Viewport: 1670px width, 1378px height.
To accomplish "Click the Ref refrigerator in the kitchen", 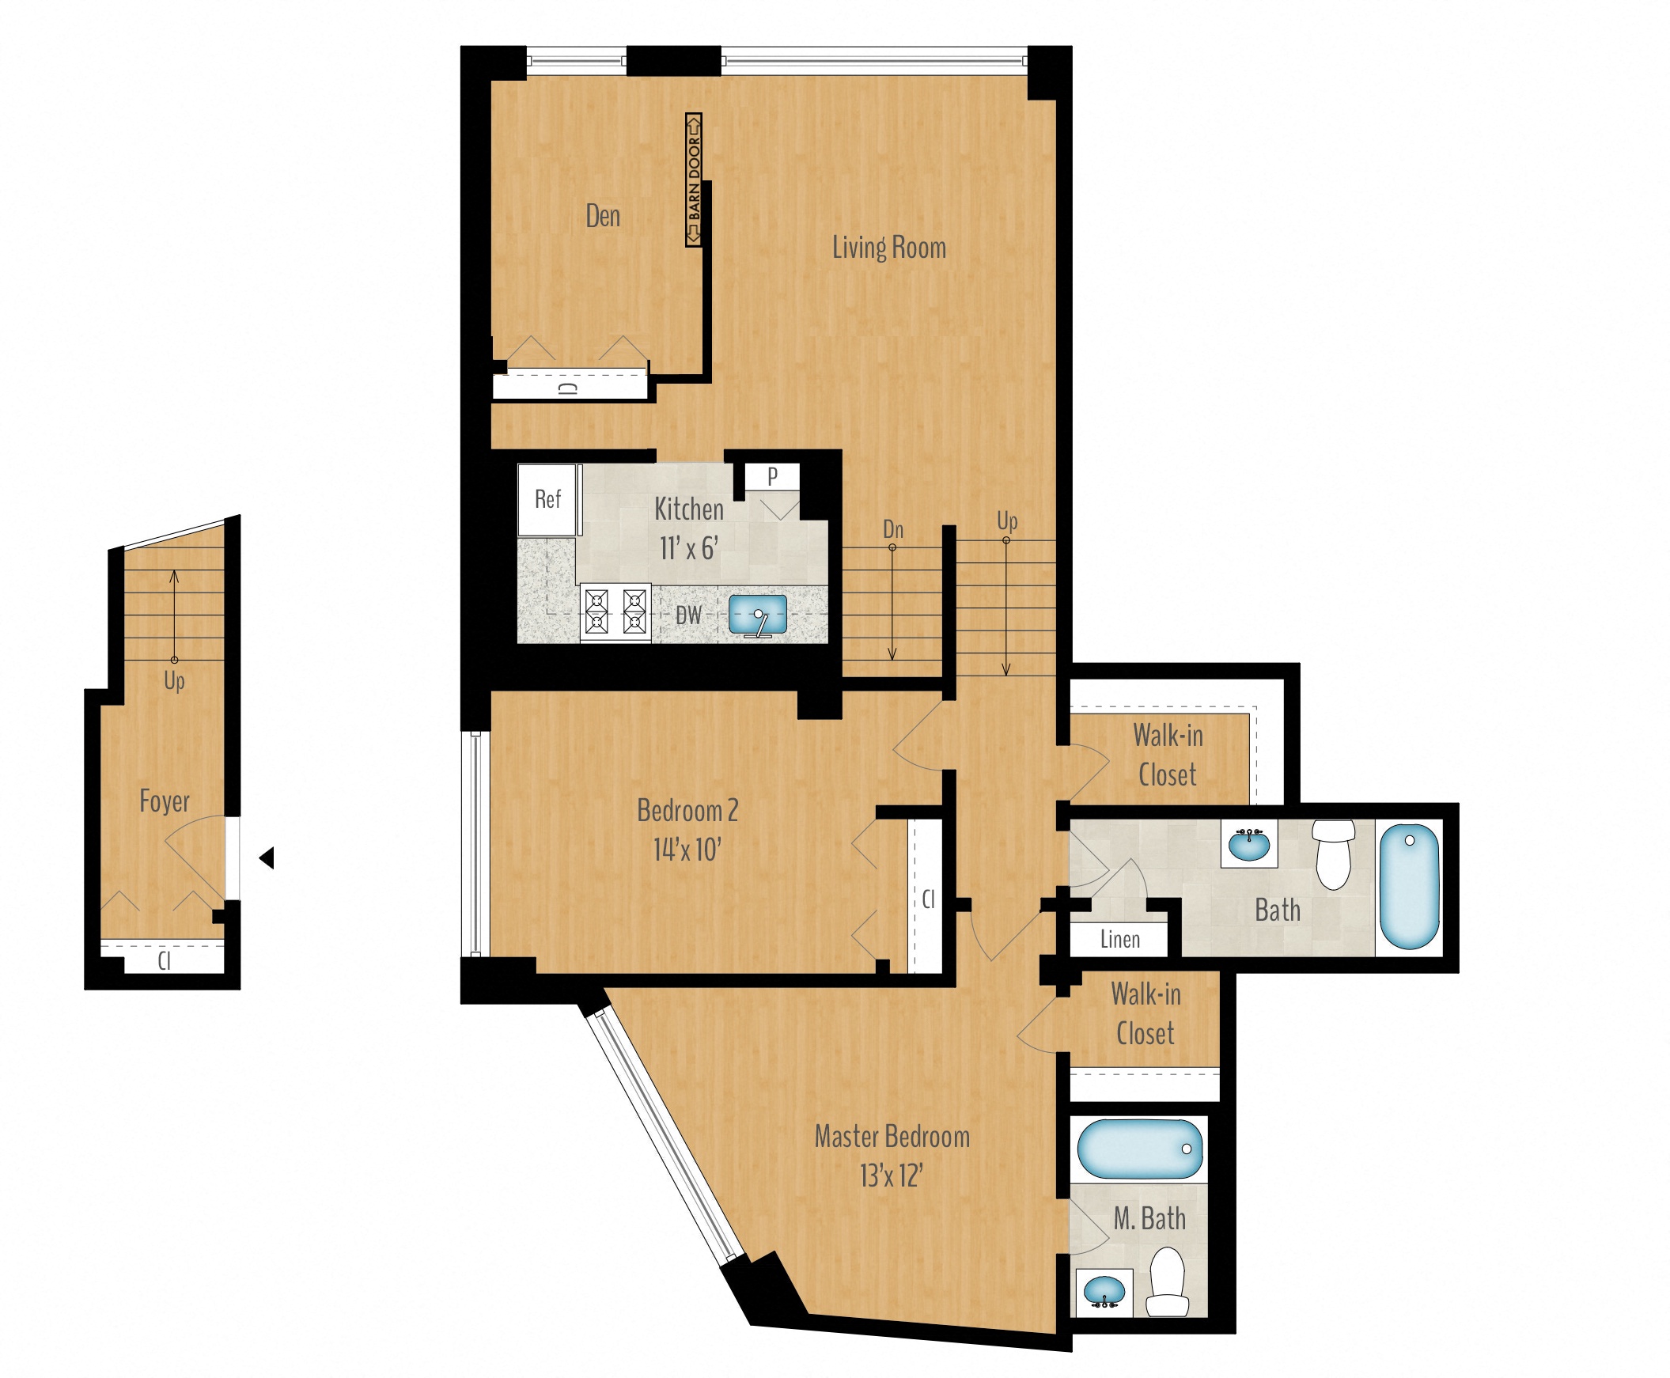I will (547, 499).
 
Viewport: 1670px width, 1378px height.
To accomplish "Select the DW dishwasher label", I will (688, 615).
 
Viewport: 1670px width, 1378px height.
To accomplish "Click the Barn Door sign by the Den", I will (694, 180).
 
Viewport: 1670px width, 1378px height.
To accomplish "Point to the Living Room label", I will (888, 248).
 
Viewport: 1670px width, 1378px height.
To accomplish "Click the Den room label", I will (603, 216).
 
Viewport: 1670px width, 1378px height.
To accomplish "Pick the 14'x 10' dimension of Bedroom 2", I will (687, 850).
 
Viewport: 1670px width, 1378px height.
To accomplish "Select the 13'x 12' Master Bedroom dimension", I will (891, 1175).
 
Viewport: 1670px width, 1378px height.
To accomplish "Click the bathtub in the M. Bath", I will (1140, 1149).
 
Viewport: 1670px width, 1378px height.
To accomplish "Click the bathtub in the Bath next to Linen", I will (1409, 886).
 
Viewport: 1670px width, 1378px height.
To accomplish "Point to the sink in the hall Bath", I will (1248, 845).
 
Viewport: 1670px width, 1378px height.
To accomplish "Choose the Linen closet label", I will (1119, 940).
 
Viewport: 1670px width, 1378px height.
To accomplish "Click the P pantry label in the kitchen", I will (772, 476).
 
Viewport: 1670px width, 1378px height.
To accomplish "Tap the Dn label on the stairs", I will (893, 529).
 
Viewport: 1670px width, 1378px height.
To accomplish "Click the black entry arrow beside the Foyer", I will (267, 857).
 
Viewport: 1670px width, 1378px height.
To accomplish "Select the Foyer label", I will (165, 801).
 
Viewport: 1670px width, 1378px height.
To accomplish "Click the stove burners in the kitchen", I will (615, 614).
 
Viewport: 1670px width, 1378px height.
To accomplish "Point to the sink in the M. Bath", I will (1104, 1290).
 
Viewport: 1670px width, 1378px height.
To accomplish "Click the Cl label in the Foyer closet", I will (165, 961).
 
